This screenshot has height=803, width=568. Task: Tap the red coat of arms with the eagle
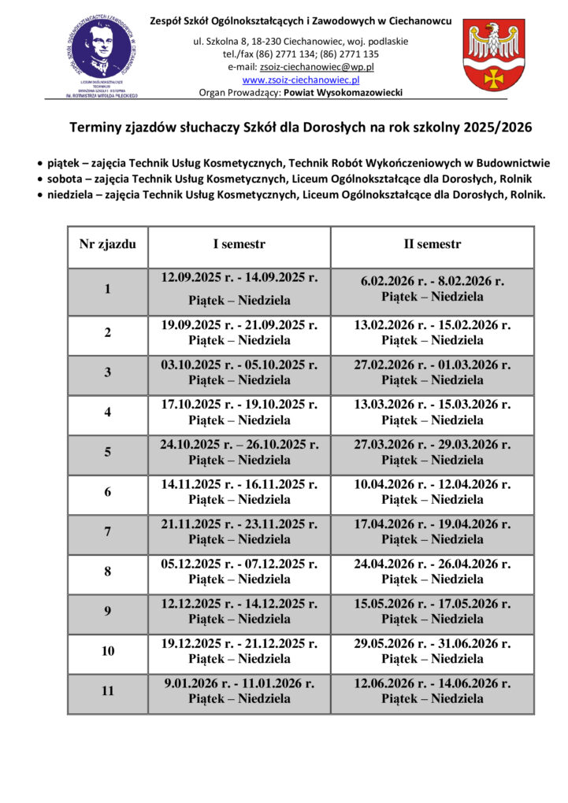pos(492,54)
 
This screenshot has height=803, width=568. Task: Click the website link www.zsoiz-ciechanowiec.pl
pos(300,80)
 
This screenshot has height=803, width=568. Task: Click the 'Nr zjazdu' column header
pos(108,244)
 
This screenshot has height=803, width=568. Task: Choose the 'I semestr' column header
pos(239,244)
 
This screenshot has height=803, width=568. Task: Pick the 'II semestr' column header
pos(432,244)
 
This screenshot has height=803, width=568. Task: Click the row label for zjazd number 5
pos(108,453)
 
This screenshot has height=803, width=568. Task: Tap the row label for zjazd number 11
pos(108,691)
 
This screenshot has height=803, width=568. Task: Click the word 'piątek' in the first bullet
pos(65,163)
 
